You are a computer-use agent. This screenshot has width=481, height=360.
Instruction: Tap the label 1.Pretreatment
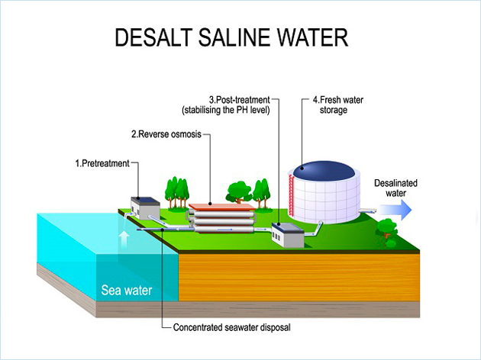102,163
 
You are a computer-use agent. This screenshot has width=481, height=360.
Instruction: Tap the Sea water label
127,290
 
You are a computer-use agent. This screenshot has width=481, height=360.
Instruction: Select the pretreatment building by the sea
144,207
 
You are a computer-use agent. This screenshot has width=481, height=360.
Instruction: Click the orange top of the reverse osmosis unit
222,207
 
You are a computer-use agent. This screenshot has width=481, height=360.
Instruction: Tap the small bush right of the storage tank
388,227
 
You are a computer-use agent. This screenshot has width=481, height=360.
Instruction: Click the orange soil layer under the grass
298,275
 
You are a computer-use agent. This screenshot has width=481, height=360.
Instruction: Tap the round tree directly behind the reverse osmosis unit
239,191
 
